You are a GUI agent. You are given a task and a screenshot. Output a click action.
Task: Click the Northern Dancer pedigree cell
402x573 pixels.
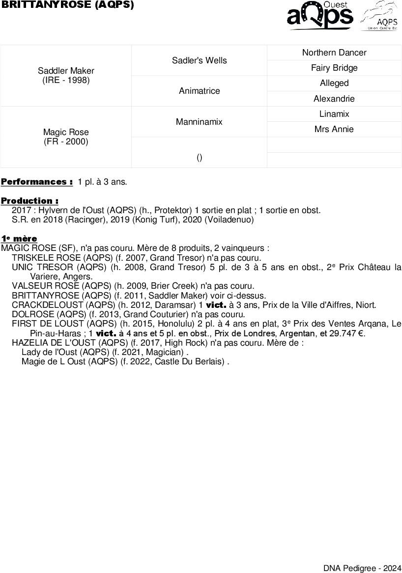tap(334, 53)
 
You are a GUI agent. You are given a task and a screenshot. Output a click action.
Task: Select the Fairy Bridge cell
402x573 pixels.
tap(334, 68)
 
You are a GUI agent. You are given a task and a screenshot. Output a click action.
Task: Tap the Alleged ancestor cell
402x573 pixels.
tap(334, 83)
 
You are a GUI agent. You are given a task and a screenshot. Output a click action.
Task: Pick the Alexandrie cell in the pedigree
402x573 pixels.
tap(334, 99)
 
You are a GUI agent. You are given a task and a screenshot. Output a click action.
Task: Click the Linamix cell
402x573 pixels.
tap(334, 114)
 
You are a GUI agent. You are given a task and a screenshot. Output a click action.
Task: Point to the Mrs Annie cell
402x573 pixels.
tap(334, 129)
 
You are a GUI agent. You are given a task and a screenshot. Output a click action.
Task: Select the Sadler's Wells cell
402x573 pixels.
tap(199, 60)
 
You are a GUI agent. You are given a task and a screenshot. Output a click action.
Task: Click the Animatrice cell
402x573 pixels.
tap(199, 91)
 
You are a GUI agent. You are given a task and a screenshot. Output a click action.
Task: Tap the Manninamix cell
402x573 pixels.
tap(199, 121)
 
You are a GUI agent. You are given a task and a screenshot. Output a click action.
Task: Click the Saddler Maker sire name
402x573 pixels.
tap(66, 71)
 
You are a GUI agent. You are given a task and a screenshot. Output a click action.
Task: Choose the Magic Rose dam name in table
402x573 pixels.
tap(66, 132)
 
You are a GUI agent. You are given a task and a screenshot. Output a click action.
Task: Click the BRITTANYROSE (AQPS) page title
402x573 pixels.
tap(68, 5)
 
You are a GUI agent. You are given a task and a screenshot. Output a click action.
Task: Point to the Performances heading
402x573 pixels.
tap(37, 182)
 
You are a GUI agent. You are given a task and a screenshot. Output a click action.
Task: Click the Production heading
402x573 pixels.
tap(30, 201)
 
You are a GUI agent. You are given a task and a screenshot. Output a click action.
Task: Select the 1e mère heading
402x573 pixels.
tap(19, 239)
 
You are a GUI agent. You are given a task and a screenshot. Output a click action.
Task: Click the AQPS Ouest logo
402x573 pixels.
tap(320, 16)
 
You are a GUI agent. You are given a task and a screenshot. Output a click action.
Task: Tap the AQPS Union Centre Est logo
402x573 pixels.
tap(380, 16)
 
